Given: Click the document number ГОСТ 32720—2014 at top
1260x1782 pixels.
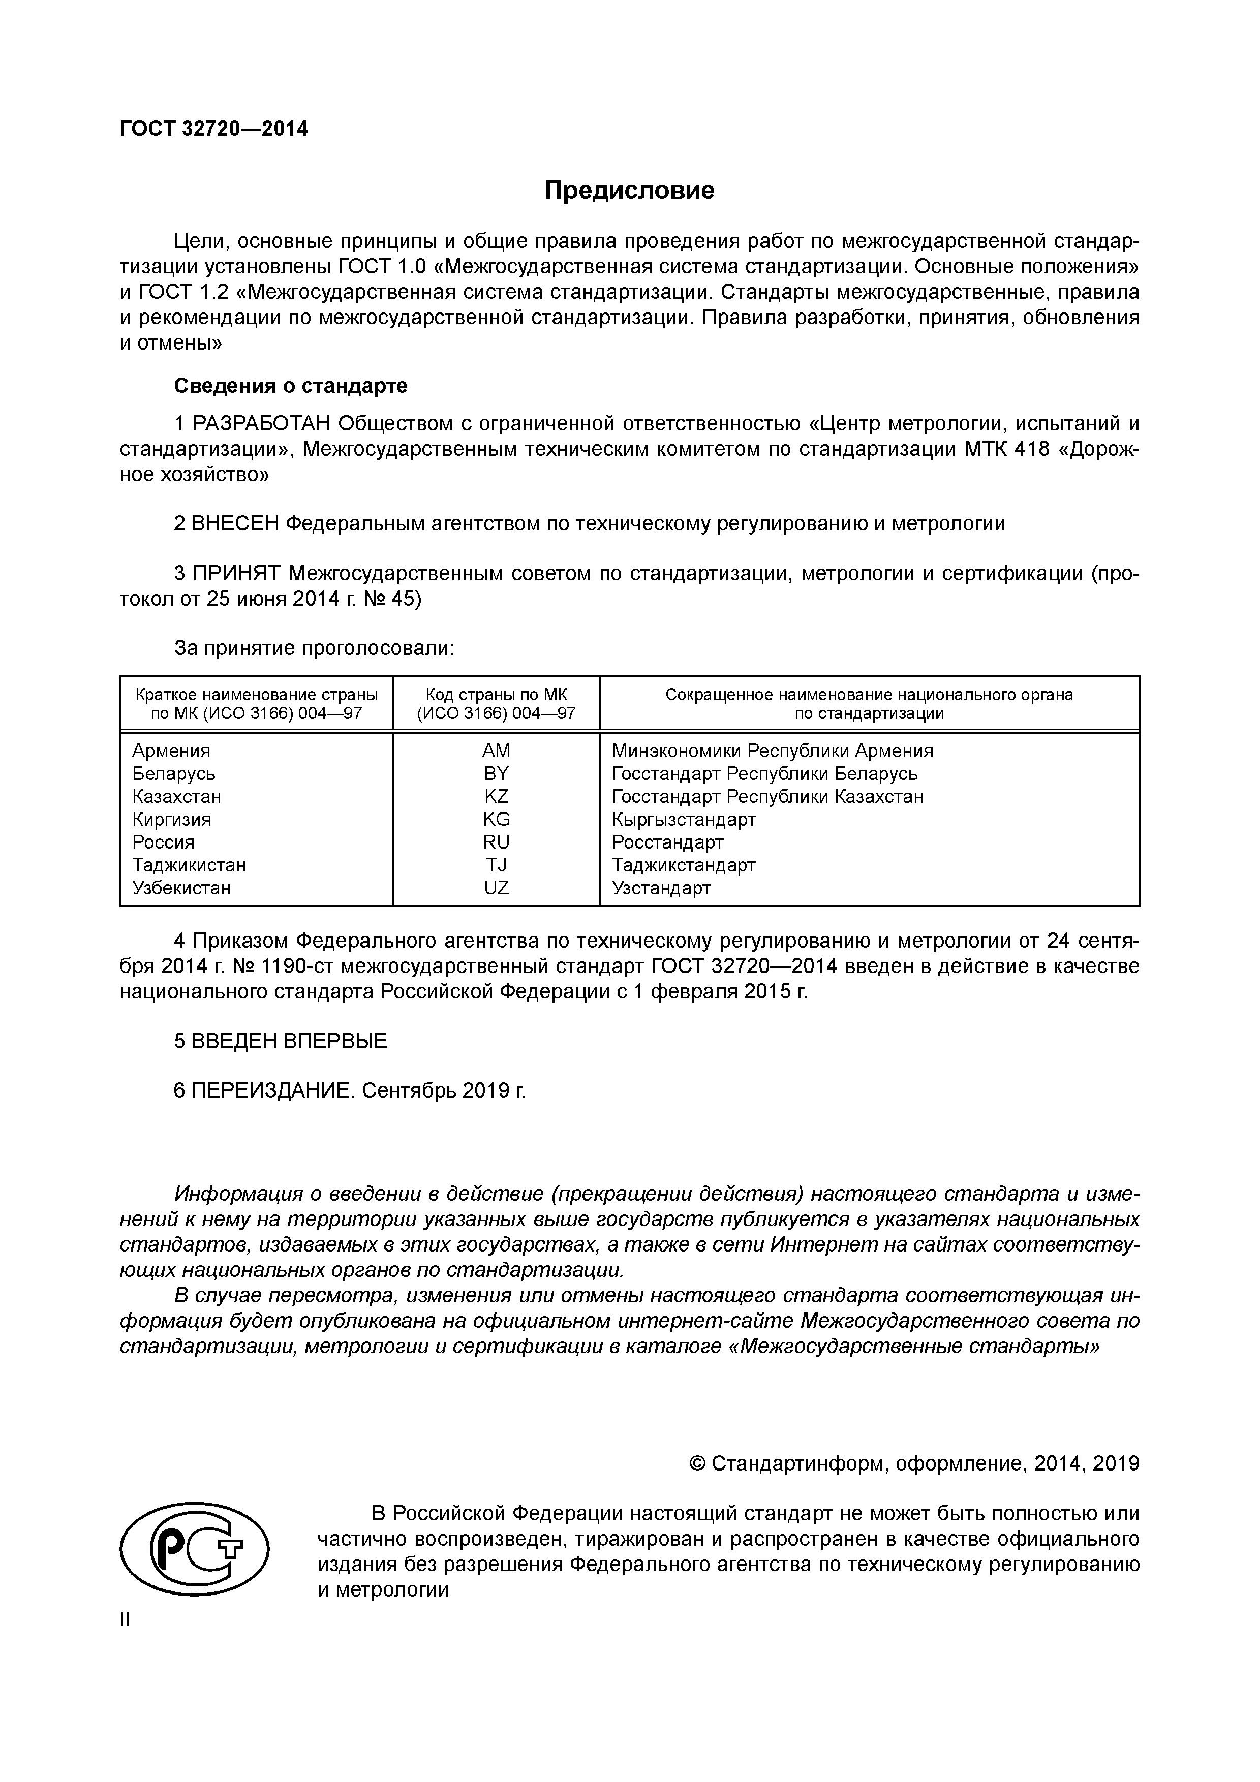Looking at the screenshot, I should click(213, 129).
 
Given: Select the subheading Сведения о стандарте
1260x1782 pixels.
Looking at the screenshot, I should click(290, 386).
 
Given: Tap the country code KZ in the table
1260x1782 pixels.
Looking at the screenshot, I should click(496, 796).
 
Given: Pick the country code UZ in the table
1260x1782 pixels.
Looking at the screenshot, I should click(496, 887).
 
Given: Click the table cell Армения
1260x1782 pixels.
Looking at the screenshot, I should click(171, 751).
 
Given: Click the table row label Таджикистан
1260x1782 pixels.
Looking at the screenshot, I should click(189, 865).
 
